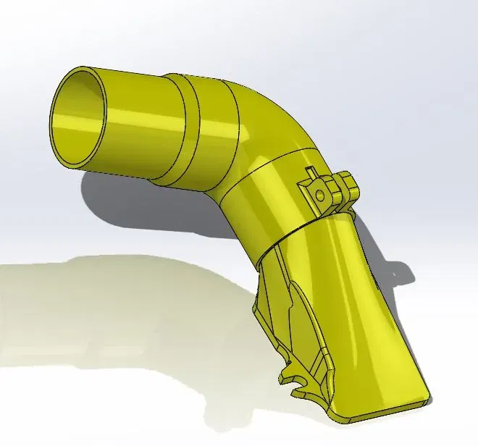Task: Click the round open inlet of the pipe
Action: (x=87, y=117)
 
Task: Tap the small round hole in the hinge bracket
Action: (x=318, y=194)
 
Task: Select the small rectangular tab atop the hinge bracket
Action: (x=310, y=173)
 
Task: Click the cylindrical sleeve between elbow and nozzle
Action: (x=261, y=203)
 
